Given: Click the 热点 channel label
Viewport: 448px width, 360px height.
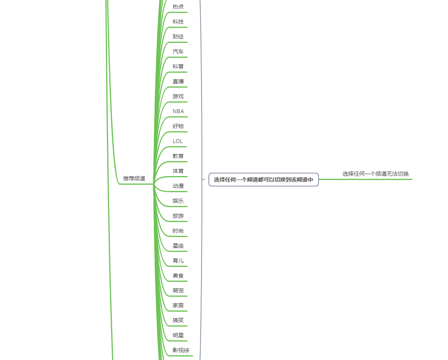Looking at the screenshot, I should [178, 7].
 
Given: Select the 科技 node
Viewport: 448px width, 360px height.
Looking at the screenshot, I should [178, 22].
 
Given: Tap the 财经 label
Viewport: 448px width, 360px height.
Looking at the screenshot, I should [178, 37].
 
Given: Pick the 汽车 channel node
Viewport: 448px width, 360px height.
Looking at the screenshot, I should [178, 51].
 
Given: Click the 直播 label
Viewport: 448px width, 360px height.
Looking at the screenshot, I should [178, 81].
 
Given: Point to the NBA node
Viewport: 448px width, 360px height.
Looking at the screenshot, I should [178, 111].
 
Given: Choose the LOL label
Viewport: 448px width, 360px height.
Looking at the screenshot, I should [178, 141].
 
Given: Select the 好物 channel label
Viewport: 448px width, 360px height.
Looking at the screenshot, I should [178, 126].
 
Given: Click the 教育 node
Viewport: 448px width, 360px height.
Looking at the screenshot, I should [178, 156].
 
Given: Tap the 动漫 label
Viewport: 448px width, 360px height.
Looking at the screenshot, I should [178, 186].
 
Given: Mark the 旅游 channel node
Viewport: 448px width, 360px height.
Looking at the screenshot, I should [178, 216].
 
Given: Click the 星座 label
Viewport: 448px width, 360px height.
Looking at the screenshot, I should [178, 246].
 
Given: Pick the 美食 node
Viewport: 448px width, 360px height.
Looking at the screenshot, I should [178, 276].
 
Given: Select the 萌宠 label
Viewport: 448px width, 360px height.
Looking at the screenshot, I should [178, 290].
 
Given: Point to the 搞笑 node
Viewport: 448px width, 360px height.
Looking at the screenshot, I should [178, 320].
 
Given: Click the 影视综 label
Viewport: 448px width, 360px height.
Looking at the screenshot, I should [181, 350].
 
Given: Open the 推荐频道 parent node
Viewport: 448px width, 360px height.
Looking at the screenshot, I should [134, 178].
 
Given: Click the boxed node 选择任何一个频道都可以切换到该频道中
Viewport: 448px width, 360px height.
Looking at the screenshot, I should [264, 180].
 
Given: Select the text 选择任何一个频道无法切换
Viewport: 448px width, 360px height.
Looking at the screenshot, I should [375, 174].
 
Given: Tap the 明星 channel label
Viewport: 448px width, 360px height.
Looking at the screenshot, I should [178, 335].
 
